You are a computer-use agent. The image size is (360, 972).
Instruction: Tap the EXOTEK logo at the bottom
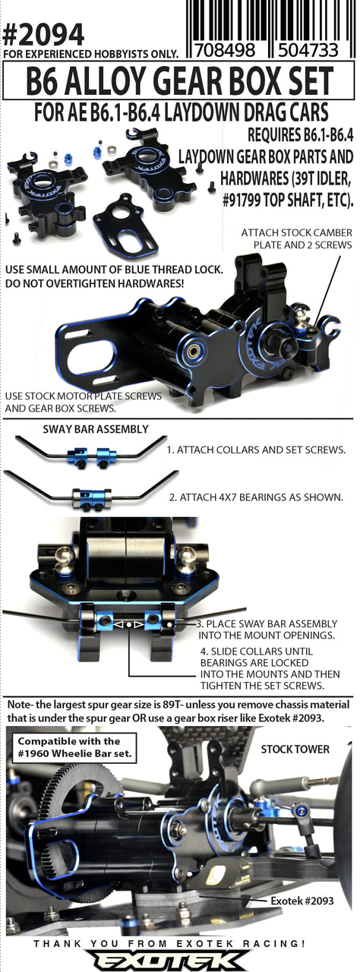[x=179, y=958]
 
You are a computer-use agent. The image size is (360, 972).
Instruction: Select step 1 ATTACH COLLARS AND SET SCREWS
[x=256, y=450]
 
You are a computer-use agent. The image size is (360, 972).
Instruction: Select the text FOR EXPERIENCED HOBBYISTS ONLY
[x=91, y=54]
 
